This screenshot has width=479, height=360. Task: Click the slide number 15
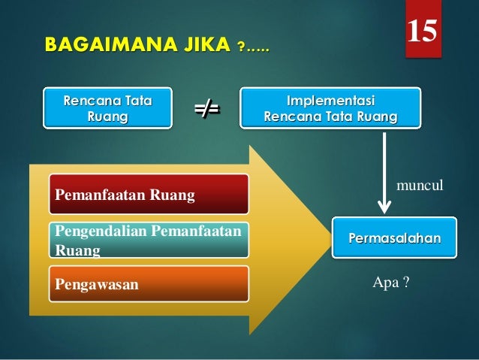coord(423,29)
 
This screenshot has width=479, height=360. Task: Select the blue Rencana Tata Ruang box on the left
coord(107,108)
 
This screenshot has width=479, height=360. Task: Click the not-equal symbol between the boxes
coord(206,109)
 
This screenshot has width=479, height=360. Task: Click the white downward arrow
coord(384,173)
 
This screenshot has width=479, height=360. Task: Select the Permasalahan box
coord(394,237)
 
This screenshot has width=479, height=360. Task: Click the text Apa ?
coord(390,283)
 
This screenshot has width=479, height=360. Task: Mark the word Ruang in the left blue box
coord(107,117)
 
